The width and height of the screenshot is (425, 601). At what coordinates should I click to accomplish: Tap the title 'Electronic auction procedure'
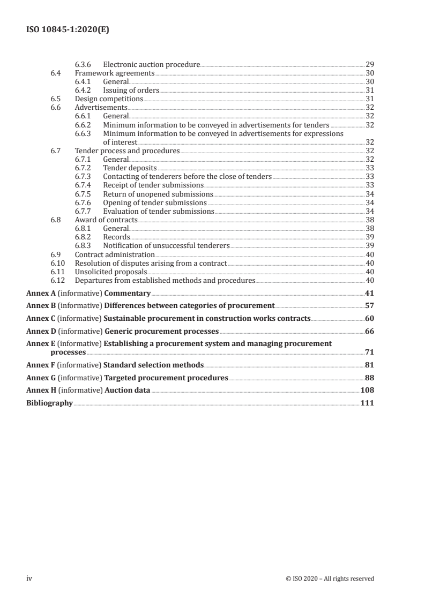tap(152, 64)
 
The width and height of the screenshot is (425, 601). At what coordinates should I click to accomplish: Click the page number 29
tap(369, 64)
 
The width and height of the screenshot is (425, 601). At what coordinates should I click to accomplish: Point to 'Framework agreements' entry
tap(115, 73)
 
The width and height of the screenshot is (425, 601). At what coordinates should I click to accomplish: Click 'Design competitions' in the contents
tap(109, 99)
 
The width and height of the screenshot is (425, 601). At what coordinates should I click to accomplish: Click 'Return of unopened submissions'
tap(158, 193)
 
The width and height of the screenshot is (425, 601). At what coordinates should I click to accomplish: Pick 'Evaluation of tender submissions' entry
tap(159, 211)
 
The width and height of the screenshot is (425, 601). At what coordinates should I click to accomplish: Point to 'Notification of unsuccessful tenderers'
tap(166, 245)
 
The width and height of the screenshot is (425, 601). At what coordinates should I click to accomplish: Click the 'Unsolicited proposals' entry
tap(111, 272)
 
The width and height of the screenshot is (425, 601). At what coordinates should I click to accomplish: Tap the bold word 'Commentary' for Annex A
tap(127, 293)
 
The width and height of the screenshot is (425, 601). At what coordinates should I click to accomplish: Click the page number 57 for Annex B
tap(369, 305)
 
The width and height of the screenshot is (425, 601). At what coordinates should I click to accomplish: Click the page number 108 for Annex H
tap(367, 390)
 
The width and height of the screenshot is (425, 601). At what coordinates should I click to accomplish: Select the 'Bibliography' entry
tap(49, 403)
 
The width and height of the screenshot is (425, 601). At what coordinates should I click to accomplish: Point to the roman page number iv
tap(30, 579)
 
